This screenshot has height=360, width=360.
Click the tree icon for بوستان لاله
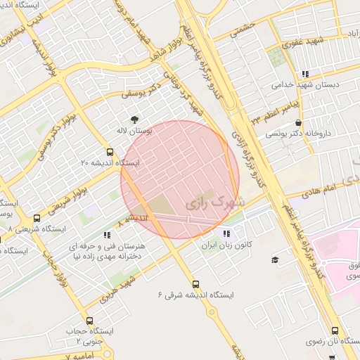click(134, 118)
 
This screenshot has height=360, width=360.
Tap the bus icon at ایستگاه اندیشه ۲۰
click(109, 151)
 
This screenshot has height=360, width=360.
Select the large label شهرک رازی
click(212, 203)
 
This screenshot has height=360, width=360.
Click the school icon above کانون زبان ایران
click(226, 233)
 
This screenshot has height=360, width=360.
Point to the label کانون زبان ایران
click(226, 246)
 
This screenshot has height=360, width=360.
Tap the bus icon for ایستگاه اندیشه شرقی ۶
click(195, 284)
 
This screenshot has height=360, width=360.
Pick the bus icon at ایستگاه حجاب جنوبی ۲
click(89, 321)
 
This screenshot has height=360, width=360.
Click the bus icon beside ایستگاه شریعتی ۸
click(37, 218)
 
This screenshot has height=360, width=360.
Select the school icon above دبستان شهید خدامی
click(304, 73)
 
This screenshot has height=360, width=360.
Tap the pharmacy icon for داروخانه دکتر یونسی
click(300, 122)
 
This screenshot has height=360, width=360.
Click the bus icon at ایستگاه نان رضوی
click(334, 330)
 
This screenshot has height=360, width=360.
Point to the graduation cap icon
click(274, 260)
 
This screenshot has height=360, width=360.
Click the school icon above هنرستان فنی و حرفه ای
click(107, 235)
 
